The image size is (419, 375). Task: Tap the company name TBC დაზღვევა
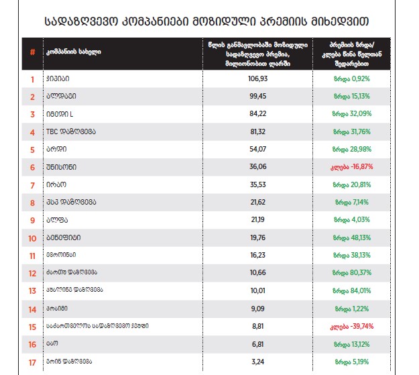click(x=70, y=132)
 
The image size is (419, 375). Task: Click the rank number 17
click(x=32, y=362)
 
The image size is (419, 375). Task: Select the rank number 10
click(x=32, y=238)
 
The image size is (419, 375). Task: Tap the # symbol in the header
click(x=32, y=52)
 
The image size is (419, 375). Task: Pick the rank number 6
click(x=32, y=167)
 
